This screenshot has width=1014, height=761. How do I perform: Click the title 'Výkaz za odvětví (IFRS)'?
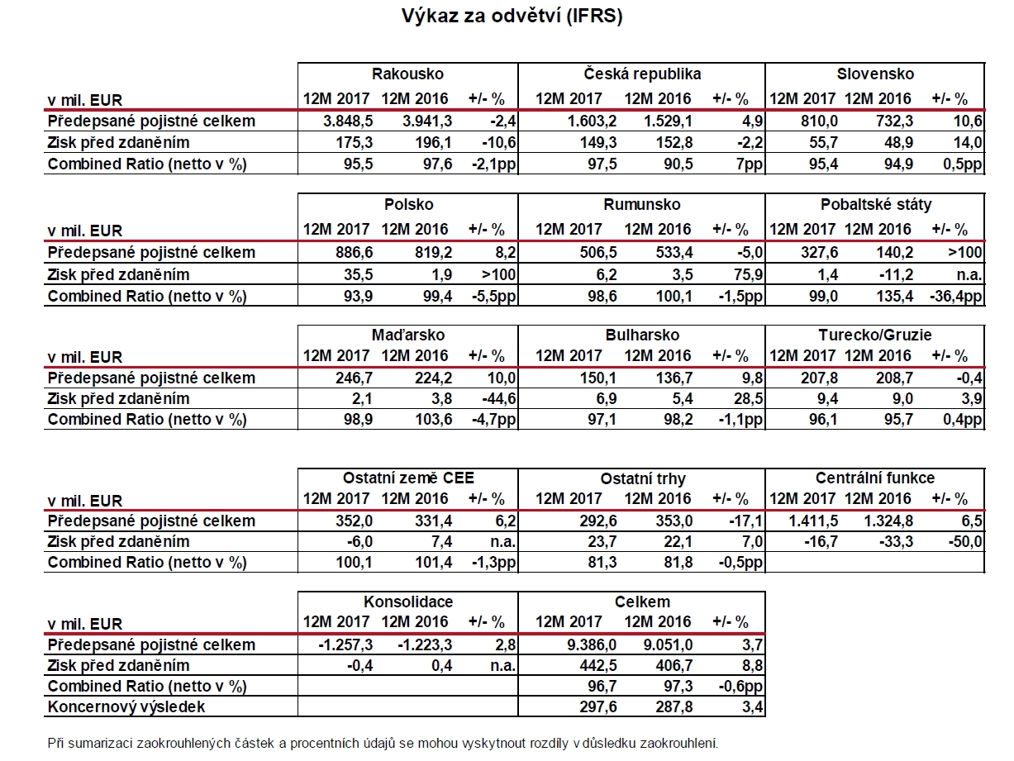512,17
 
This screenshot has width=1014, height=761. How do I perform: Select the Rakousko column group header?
407,74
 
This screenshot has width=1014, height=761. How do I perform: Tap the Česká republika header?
642,74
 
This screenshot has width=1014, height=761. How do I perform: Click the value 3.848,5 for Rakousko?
348,121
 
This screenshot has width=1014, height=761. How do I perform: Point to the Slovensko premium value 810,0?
819,121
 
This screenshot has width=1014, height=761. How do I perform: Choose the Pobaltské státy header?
876,205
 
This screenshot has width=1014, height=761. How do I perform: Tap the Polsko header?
408,205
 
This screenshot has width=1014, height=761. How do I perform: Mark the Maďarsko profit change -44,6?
498,398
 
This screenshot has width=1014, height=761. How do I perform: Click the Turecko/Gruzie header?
875,335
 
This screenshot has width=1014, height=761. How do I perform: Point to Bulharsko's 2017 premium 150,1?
598,378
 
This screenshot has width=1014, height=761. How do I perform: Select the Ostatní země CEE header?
408,478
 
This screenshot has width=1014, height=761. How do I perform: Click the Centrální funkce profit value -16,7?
821,542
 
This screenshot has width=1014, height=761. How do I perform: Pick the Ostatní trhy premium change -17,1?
746,521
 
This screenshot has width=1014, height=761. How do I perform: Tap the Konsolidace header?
408,602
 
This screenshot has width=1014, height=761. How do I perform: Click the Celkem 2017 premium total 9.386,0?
592,645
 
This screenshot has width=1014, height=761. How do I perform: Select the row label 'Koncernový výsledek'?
126,707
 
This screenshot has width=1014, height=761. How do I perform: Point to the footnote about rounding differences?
383,744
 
